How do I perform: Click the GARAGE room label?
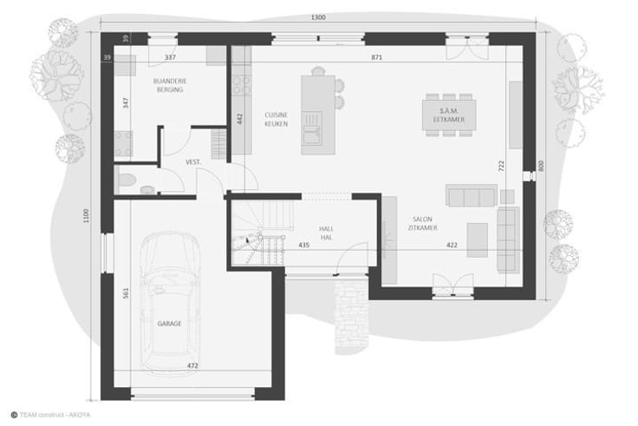click(169, 324)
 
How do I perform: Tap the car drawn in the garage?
click(170, 300)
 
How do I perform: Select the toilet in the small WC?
click(127, 180)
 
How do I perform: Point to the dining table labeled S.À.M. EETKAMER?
click(449, 115)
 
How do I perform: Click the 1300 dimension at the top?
click(318, 17)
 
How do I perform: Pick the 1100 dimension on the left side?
click(86, 215)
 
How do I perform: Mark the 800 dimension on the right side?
click(541, 166)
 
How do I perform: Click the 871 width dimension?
click(376, 57)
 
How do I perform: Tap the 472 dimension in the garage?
click(192, 366)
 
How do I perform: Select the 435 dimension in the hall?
click(304, 246)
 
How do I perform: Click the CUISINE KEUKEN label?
click(277, 120)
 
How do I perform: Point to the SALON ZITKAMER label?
click(423, 224)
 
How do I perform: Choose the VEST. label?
click(193, 162)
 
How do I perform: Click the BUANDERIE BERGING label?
click(170, 85)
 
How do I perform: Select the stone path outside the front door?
click(352, 311)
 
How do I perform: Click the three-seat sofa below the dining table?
click(472, 195)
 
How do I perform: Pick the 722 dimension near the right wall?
click(501, 166)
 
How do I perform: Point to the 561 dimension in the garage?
click(126, 293)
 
